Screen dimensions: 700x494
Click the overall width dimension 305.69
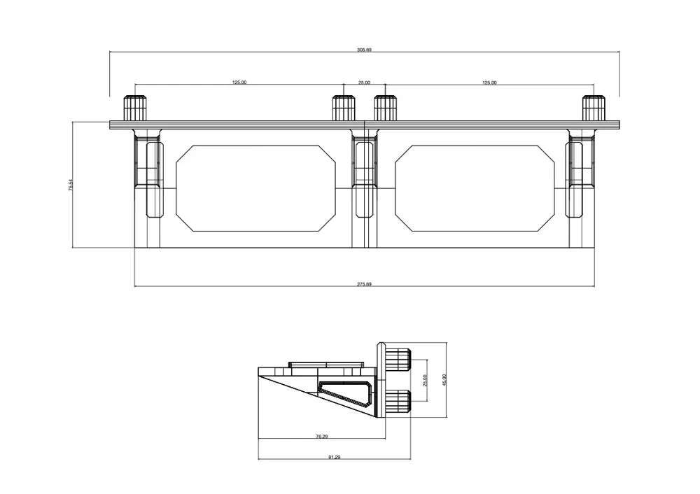point(364,50)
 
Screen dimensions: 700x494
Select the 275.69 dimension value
point(364,284)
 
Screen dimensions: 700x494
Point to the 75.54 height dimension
point(71,185)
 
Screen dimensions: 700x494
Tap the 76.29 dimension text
point(322,437)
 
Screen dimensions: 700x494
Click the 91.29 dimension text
point(335,457)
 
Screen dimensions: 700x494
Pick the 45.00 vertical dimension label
point(444,380)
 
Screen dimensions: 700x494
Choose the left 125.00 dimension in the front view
point(239,83)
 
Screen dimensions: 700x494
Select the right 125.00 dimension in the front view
point(489,83)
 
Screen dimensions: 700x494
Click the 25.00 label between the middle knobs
point(364,83)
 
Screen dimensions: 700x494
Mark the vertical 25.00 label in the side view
point(425,380)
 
